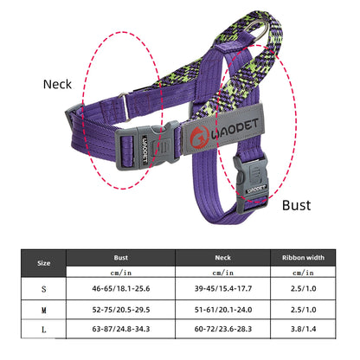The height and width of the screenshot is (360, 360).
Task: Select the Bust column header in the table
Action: (x=120, y=257)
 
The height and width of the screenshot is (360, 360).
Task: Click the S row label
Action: (x=43, y=288)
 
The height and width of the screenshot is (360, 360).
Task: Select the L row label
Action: (x=43, y=329)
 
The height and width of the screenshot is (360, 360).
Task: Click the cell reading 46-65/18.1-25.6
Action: (x=120, y=288)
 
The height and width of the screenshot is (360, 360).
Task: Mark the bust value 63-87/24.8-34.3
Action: (x=120, y=329)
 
